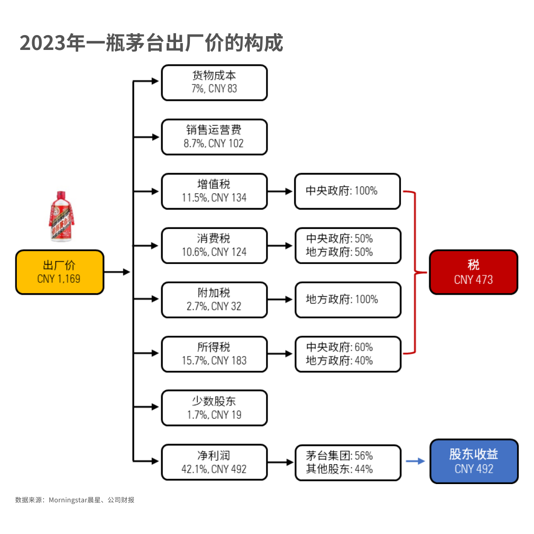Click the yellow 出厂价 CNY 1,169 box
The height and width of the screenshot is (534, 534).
(x=60, y=272)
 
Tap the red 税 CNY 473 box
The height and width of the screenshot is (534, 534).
(x=473, y=272)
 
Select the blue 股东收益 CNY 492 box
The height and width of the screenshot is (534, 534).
(x=474, y=461)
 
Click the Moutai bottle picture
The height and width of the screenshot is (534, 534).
(x=62, y=216)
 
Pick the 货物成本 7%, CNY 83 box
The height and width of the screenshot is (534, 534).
(x=214, y=83)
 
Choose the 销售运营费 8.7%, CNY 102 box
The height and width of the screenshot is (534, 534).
(x=214, y=137)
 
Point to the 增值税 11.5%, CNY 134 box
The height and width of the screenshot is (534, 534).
(x=214, y=191)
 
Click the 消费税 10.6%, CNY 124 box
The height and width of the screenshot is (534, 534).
(x=214, y=246)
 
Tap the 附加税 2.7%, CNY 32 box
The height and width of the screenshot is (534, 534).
(x=214, y=300)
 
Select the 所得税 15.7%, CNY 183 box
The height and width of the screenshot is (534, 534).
(x=214, y=354)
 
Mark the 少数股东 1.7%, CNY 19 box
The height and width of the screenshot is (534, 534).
(x=214, y=408)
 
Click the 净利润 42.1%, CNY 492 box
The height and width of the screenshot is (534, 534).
(x=214, y=462)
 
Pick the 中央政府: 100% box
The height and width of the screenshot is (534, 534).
(x=348, y=191)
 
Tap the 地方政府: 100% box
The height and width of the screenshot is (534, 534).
(x=348, y=300)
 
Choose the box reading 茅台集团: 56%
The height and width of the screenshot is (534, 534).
(x=348, y=462)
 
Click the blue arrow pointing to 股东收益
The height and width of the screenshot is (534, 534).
(x=415, y=461)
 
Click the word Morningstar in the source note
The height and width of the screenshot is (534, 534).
(x=68, y=500)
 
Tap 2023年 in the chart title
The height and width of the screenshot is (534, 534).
(x=53, y=43)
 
